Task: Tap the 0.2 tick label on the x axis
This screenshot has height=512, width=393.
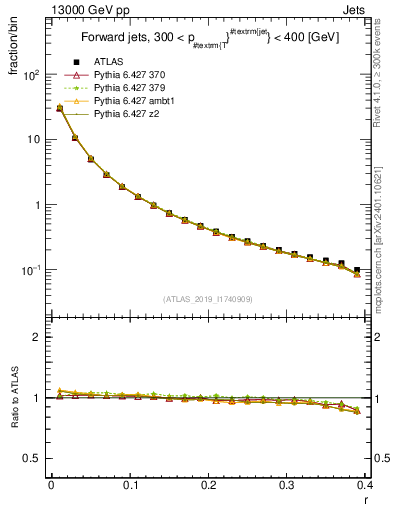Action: (x=208, y=485)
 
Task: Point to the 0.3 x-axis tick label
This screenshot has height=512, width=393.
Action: (x=287, y=485)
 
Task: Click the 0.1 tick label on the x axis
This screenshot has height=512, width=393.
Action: (x=130, y=485)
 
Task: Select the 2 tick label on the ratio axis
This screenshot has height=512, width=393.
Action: (x=35, y=337)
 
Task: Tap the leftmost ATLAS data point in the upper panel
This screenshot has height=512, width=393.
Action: (x=59, y=108)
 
